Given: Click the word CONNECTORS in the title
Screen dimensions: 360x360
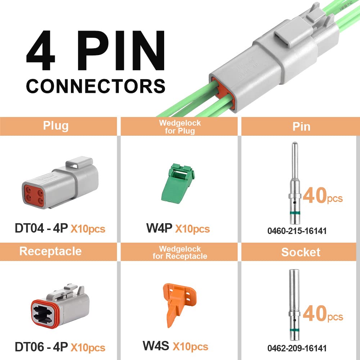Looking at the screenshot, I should click(x=95, y=86).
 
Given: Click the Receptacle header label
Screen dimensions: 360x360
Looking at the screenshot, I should click(x=50, y=251).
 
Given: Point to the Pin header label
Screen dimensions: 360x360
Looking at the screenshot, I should click(x=301, y=126).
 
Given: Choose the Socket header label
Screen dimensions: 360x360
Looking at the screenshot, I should click(x=301, y=252).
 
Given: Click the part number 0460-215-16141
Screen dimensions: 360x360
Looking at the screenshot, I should click(x=297, y=231).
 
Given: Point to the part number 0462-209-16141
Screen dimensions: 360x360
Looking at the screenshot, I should click(x=297, y=348).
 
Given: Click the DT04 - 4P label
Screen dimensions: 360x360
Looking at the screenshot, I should click(x=41, y=228).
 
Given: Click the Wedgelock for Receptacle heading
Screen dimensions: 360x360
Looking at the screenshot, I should click(x=180, y=253).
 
